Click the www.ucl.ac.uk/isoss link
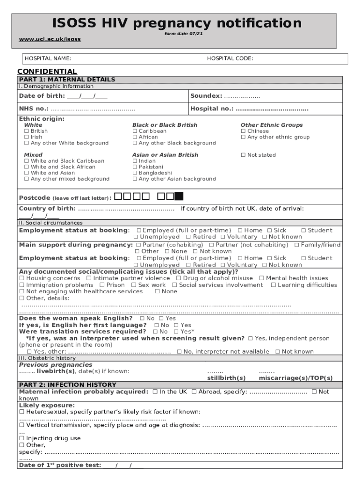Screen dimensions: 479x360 50,39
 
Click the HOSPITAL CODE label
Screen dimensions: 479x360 230,58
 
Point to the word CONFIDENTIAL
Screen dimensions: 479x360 47,71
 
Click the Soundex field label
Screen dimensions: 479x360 206,96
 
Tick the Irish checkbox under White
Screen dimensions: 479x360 27,137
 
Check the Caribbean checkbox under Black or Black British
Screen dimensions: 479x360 135,131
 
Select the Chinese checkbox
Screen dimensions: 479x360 243,131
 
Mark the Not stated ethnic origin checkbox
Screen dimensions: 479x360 243,155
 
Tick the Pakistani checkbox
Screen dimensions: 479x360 135,167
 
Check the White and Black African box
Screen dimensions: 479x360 27,167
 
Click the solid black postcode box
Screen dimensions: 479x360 179,196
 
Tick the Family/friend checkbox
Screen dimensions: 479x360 296,245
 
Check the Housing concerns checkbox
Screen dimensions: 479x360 22,278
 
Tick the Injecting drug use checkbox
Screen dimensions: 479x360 22,438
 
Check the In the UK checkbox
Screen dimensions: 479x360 155,392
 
